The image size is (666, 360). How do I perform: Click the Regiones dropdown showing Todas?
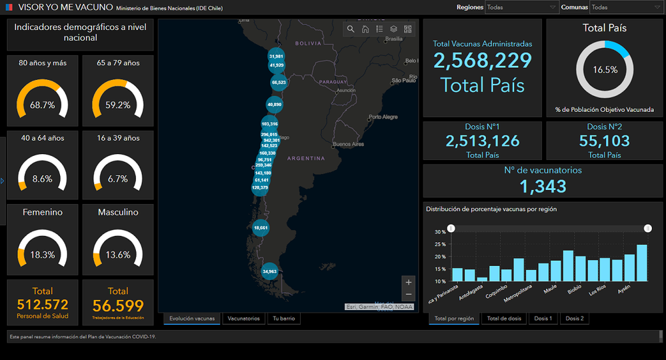point(521,7)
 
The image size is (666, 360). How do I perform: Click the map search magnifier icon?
point(351,29)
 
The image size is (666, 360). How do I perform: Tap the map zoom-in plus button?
point(409,281)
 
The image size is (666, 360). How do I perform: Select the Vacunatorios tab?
point(243,319)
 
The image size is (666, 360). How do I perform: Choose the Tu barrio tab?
point(283,319)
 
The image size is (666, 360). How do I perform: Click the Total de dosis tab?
point(503,319)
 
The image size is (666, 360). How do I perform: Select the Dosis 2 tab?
point(575,319)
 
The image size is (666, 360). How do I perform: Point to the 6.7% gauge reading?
point(118,179)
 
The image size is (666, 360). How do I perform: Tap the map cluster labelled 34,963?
point(269,271)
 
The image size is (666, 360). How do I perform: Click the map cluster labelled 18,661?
point(261,227)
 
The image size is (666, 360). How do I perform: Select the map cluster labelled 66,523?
point(279,83)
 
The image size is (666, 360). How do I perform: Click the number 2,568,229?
point(483,61)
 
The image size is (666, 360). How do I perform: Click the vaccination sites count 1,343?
point(543,186)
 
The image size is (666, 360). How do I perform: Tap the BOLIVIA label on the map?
point(308,43)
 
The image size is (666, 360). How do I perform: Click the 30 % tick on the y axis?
point(440,232)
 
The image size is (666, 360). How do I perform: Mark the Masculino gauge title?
point(118,212)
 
